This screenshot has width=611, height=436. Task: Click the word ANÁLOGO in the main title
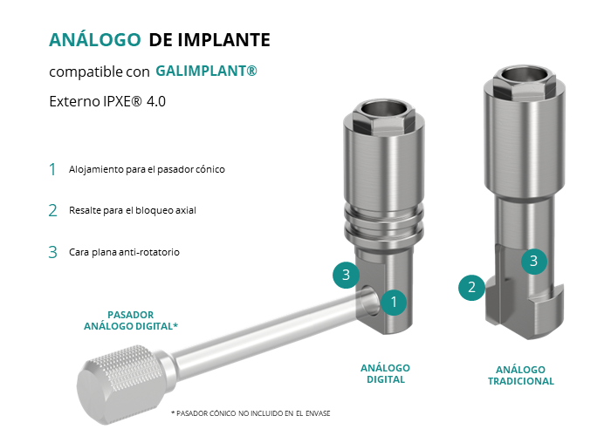click(94, 39)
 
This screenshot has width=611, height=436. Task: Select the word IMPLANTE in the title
click(223, 40)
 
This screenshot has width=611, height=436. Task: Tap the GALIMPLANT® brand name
click(206, 71)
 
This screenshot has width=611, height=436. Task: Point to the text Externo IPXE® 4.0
click(107, 101)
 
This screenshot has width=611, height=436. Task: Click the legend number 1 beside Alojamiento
click(52, 169)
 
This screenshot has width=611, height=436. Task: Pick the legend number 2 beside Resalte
click(52, 211)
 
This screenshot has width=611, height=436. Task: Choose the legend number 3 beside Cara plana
click(52, 252)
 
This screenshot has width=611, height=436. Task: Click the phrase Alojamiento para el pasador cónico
click(147, 169)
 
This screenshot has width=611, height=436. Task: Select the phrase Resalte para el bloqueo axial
click(133, 210)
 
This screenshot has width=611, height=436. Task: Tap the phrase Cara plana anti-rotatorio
click(124, 252)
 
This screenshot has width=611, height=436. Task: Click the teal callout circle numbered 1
click(394, 302)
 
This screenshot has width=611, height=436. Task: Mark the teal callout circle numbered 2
click(471, 287)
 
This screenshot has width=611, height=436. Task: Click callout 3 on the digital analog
click(346, 275)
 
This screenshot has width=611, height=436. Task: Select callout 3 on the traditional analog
click(534, 262)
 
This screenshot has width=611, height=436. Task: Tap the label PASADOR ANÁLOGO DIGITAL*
click(131, 320)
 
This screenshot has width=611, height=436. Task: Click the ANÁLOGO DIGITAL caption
click(386, 374)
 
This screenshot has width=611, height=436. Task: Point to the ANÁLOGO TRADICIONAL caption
click(521, 375)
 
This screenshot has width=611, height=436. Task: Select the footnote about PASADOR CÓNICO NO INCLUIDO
click(251, 413)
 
